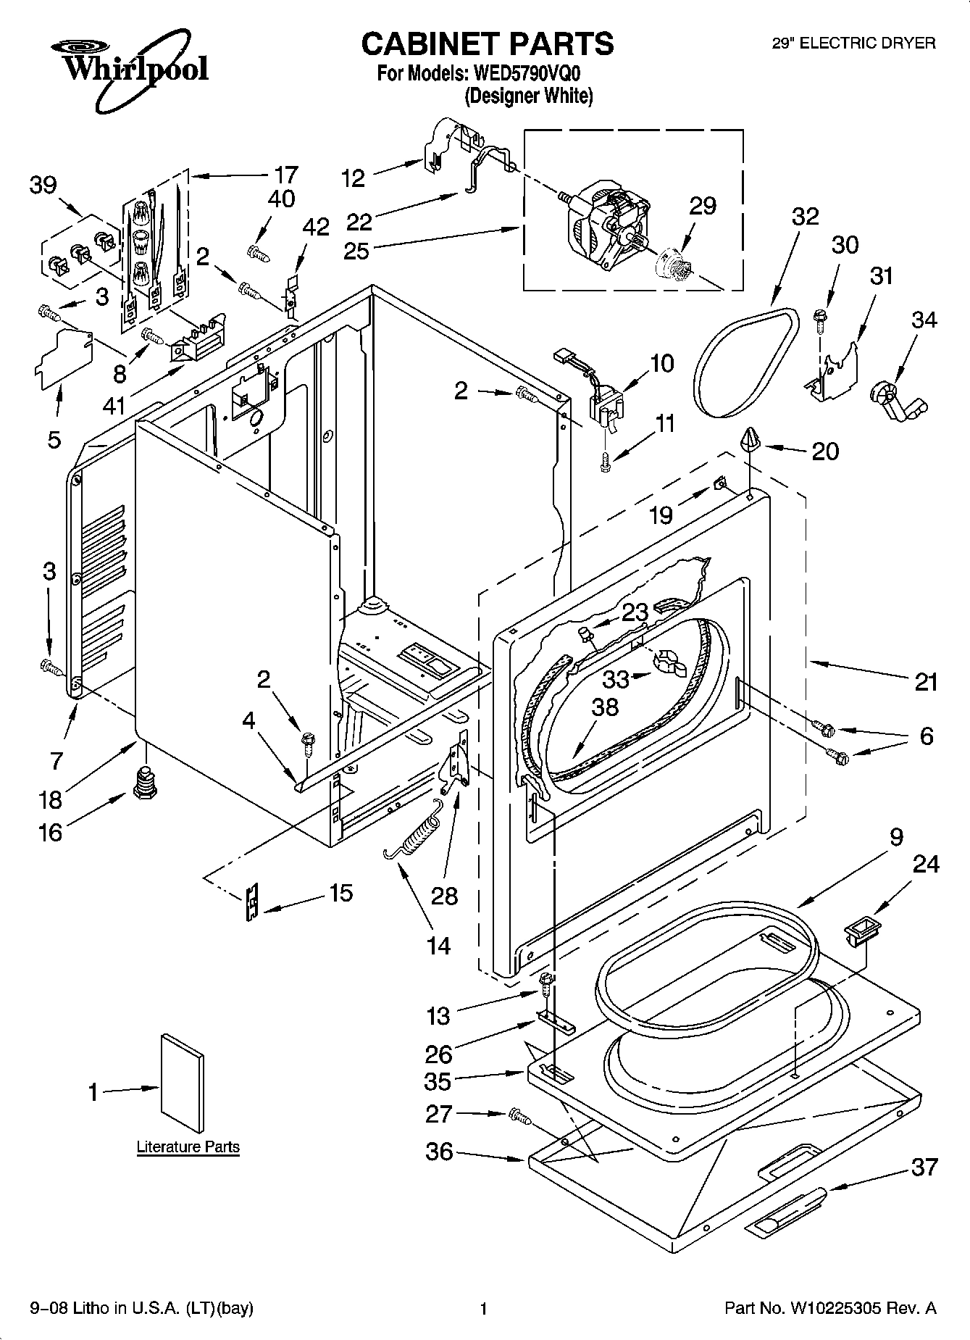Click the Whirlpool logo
pos(130,69)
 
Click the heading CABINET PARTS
pos(487,43)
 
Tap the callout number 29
pos(702,206)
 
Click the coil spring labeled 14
pos(414,837)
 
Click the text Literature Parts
pos(188,1147)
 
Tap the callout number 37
pos(924,1167)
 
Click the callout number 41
pos(114,405)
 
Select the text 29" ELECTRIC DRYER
pos(853,43)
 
